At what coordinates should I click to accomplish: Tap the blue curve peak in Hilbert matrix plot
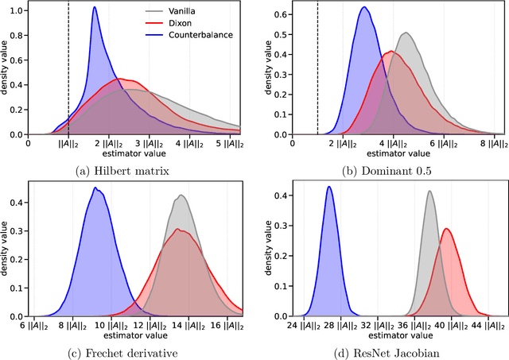[95, 8]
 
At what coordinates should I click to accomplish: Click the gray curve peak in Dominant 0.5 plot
[406, 33]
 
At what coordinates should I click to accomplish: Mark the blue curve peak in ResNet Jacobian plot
[328, 187]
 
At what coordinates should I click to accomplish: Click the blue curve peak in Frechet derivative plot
[95, 188]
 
